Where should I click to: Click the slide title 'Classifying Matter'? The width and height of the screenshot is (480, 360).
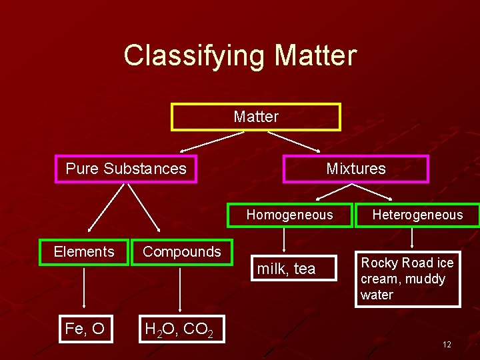240,55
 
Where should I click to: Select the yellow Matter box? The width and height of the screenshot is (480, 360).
256,117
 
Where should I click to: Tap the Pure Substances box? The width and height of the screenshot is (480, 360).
126,169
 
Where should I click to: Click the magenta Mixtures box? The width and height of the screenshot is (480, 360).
356,169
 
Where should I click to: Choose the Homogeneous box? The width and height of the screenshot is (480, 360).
289,215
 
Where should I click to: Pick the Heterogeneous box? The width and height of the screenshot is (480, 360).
417,215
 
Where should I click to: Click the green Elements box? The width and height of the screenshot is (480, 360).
84,252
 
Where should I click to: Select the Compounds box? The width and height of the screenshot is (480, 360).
181,252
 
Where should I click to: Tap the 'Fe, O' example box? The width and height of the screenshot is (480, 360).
85,329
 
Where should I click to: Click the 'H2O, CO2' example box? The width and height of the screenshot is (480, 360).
178,329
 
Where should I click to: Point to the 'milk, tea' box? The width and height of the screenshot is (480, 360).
286,269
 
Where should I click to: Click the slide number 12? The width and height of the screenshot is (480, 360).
447,345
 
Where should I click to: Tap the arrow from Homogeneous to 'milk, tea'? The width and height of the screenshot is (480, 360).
285,241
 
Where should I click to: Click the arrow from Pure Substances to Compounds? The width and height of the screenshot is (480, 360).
144,207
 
